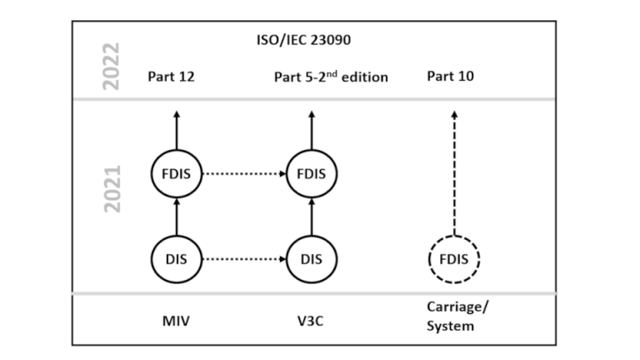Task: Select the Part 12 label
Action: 172,77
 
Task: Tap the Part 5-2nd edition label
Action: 331,77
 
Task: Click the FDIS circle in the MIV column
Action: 177,174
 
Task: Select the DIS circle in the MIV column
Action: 177,258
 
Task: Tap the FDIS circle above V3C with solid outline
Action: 312,174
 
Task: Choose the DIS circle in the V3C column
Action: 312,258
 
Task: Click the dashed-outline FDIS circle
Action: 453,258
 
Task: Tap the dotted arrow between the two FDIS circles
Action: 244,174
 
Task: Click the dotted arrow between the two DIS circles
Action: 244,258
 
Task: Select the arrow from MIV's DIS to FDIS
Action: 177,217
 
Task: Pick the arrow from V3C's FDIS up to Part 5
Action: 312,129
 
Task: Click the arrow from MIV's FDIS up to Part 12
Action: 177,129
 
